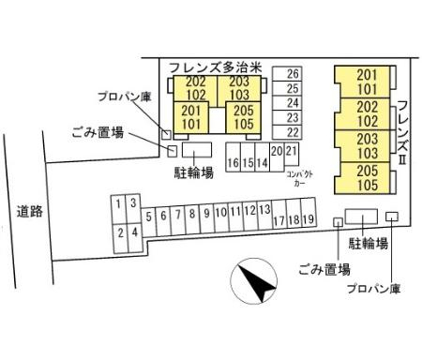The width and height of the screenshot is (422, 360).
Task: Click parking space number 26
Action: click(x=287, y=74)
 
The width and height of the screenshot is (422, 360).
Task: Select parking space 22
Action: click(x=287, y=132)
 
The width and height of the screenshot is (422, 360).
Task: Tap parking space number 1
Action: click(x=118, y=210)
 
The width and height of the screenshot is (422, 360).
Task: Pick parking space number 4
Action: click(x=135, y=238)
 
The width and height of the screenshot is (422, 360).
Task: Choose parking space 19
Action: click(x=309, y=212)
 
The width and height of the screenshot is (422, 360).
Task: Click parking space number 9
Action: click(x=206, y=218)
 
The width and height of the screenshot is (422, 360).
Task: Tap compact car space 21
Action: click(x=292, y=154)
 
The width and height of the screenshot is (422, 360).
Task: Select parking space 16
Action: click(x=234, y=157)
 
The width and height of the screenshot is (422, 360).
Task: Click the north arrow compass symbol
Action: click(x=254, y=281)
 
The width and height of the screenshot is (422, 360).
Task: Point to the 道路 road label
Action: click(x=30, y=212)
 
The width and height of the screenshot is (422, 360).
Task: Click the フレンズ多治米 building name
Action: click(x=215, y=67)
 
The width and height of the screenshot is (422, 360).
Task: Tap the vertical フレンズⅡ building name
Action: click(x=403, y=133)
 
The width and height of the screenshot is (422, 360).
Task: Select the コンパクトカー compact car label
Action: click(x=299, y=178)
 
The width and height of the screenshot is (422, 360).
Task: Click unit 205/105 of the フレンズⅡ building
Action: click(x=362, y=178)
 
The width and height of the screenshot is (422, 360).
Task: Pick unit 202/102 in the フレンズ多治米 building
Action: click(x=195, y=88)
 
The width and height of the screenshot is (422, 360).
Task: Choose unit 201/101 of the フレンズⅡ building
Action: click(x=362, y=82)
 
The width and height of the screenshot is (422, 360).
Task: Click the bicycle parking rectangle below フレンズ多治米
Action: click(x=197, y=150)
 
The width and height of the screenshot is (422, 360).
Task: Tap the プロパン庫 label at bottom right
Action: click(x=373, y=289)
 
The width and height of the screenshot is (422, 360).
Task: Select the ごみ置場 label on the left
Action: click(x=98, y=132)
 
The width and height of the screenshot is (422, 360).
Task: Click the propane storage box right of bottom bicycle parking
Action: click(x=392, y=217)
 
